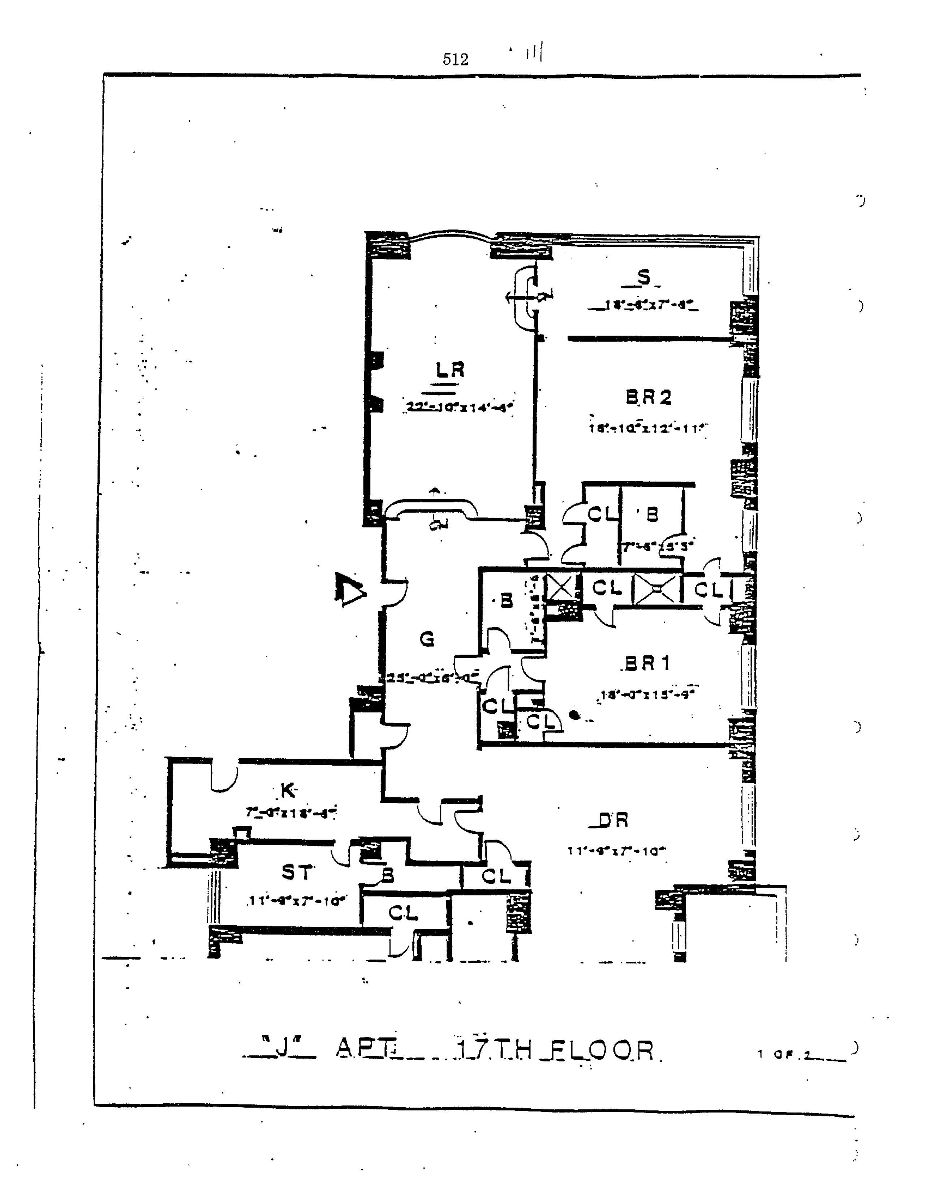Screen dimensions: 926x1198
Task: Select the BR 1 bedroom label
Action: [x=647, y=664]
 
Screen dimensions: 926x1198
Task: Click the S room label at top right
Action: [x=644, y=278]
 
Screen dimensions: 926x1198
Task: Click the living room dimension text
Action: [x=460, y=407]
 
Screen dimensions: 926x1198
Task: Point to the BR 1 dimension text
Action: [x=647, y=694]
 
